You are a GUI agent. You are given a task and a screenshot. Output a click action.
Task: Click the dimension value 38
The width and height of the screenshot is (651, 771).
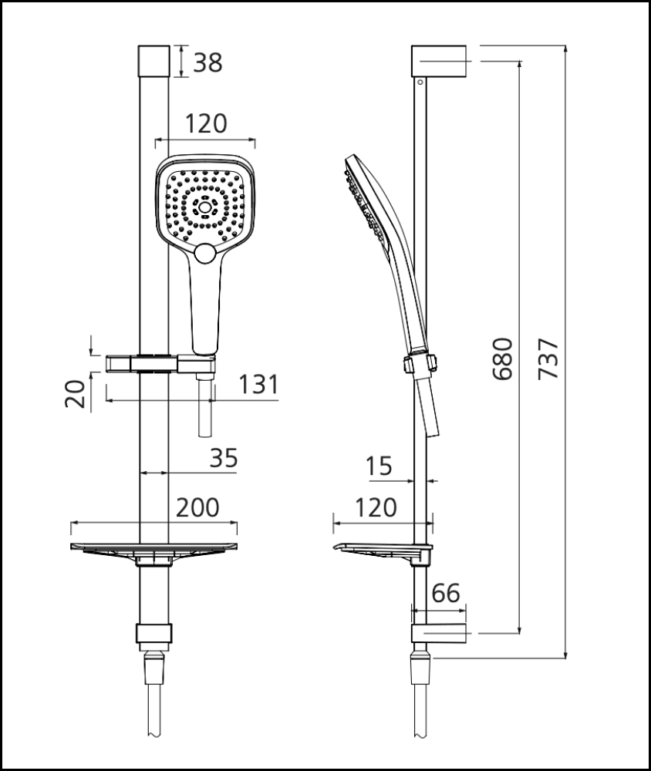pyautogui.click(x=207, y=62)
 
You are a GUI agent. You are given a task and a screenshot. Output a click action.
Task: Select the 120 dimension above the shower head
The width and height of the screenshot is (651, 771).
pyautogui.click(x=206, y=123)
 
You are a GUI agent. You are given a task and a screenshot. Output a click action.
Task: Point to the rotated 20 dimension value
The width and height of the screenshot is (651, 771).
pyautogui.click(x=75, y=394)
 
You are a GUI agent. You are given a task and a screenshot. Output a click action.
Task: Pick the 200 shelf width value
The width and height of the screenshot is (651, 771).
pyautogui.click(x=197, y=507)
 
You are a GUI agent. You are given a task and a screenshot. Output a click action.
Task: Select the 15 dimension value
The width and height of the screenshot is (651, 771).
pyautogui.click(x=379, y=466)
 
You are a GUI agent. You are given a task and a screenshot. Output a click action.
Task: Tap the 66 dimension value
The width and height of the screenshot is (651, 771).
pyautogui.click(x=445, y=593)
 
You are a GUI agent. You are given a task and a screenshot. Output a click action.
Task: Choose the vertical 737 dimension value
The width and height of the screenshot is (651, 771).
pyautogui.click(x=548, y=359)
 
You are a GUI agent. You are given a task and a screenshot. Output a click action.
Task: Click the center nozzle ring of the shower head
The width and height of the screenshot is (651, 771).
pyautogui.click(x=205, y=206)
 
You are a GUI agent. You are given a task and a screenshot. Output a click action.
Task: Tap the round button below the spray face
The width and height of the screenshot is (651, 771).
pyautogui.click(x=205, y=252)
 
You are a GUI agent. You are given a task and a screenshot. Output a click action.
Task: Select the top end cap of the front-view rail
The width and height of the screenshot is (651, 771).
pyautogui.click(x=154, y=60)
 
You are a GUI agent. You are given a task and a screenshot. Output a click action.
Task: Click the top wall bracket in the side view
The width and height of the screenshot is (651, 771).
pyautogui.click(x=440, y=60)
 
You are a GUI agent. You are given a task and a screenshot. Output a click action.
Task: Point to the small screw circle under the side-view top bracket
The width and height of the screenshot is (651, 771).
pyautogui.click(x=420, y=79)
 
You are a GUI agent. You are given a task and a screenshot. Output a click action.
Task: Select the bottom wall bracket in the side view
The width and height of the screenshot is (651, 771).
pyautogui.click(x=439, y=634)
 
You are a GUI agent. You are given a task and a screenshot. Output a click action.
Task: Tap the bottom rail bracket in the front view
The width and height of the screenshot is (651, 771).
pyautogui.click(x=154, y=634)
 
